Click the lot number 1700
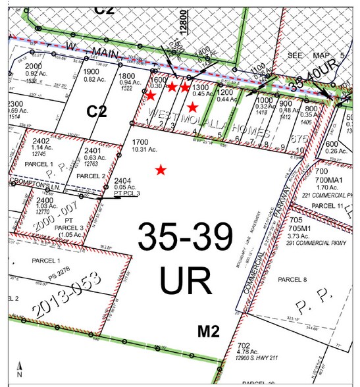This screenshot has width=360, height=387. click(140, 142)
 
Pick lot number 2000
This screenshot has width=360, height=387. click(34, 66)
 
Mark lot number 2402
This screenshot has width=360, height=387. click(41, 140)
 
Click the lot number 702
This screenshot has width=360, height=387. click(243, 345)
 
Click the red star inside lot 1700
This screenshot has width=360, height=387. click(160, 170)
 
